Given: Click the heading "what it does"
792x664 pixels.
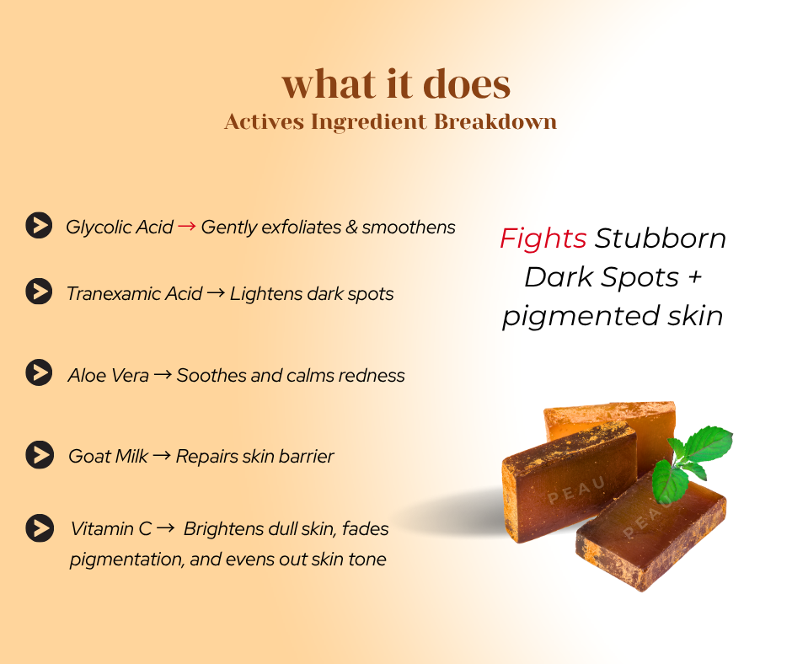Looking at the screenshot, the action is pos(396,83).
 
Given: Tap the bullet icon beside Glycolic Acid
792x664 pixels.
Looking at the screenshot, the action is pos(39,225).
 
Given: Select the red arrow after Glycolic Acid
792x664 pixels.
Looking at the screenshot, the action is pos(187,226).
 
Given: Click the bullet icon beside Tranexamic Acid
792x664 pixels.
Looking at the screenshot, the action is pos(39,292).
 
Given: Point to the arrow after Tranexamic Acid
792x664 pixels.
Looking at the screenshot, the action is pos(216,292).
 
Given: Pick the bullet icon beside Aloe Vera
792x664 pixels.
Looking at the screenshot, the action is pos(39,372).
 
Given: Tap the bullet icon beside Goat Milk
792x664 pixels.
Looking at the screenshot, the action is pos(40,455).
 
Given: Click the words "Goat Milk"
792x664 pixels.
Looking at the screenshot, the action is pos(108,457).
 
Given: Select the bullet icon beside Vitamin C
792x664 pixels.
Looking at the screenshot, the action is pos(40,528).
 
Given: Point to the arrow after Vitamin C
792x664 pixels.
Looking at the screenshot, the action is pos(166,528).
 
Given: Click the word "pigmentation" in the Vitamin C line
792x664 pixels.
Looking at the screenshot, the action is pos(126,560).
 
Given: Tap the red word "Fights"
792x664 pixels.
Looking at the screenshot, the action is pos(543,238).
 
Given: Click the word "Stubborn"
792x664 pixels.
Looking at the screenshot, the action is pos(661,238).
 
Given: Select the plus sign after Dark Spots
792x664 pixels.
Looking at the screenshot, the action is pos(695,277).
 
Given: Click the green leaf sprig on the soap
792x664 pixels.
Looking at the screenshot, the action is pos(691,463).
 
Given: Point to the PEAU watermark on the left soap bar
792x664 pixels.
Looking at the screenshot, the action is pos(576,490).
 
